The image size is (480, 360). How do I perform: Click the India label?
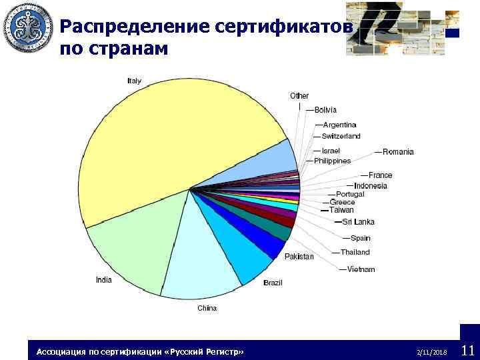[103, 280]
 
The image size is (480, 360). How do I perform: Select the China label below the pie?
[207, 308]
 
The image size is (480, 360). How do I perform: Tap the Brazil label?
[273, 283]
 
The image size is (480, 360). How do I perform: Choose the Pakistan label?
[299, 257]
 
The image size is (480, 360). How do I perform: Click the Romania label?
[398, 151]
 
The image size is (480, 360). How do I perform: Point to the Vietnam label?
[361, 269]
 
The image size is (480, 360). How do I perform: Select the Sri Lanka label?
[359, 222]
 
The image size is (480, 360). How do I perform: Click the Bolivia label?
[325, 110]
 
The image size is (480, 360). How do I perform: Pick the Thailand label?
[355, 252]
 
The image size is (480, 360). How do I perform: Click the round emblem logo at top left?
[28, 29]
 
